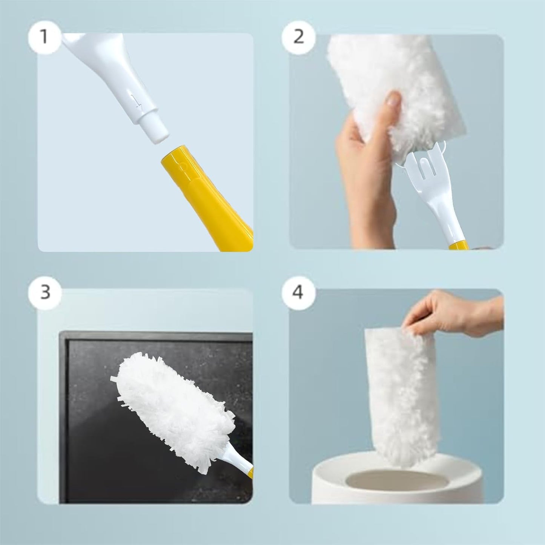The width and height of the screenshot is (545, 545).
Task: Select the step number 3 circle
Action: click(x=45, y=292)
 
